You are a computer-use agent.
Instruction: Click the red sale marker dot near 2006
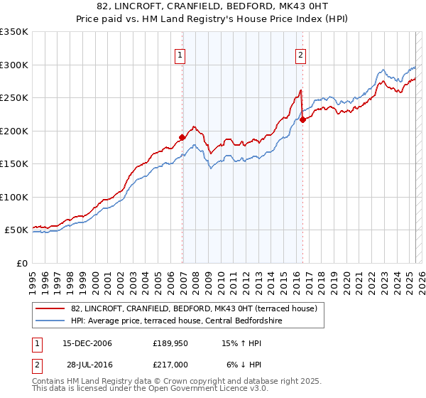182,137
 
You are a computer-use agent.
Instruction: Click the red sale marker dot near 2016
303,119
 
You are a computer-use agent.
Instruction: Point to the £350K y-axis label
14,32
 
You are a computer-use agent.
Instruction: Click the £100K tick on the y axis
14,197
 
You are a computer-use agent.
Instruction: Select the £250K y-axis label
14,98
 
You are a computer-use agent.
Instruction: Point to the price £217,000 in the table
170,365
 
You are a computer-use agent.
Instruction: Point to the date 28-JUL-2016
87,365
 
